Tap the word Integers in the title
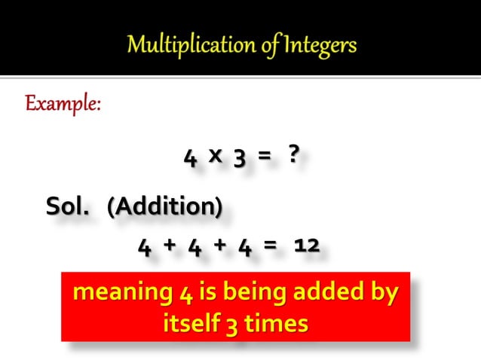tap(317, 46)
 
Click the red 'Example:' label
tap(63, 103)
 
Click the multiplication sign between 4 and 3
tap(215, 155)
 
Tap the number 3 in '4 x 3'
tap(239, 157)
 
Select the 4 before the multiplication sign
tap(190, 157)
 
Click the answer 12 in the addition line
tap(307, 246)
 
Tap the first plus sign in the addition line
tap(170, 245)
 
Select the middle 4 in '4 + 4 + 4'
tap(195, 246)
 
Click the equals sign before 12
tap(271, 246)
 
